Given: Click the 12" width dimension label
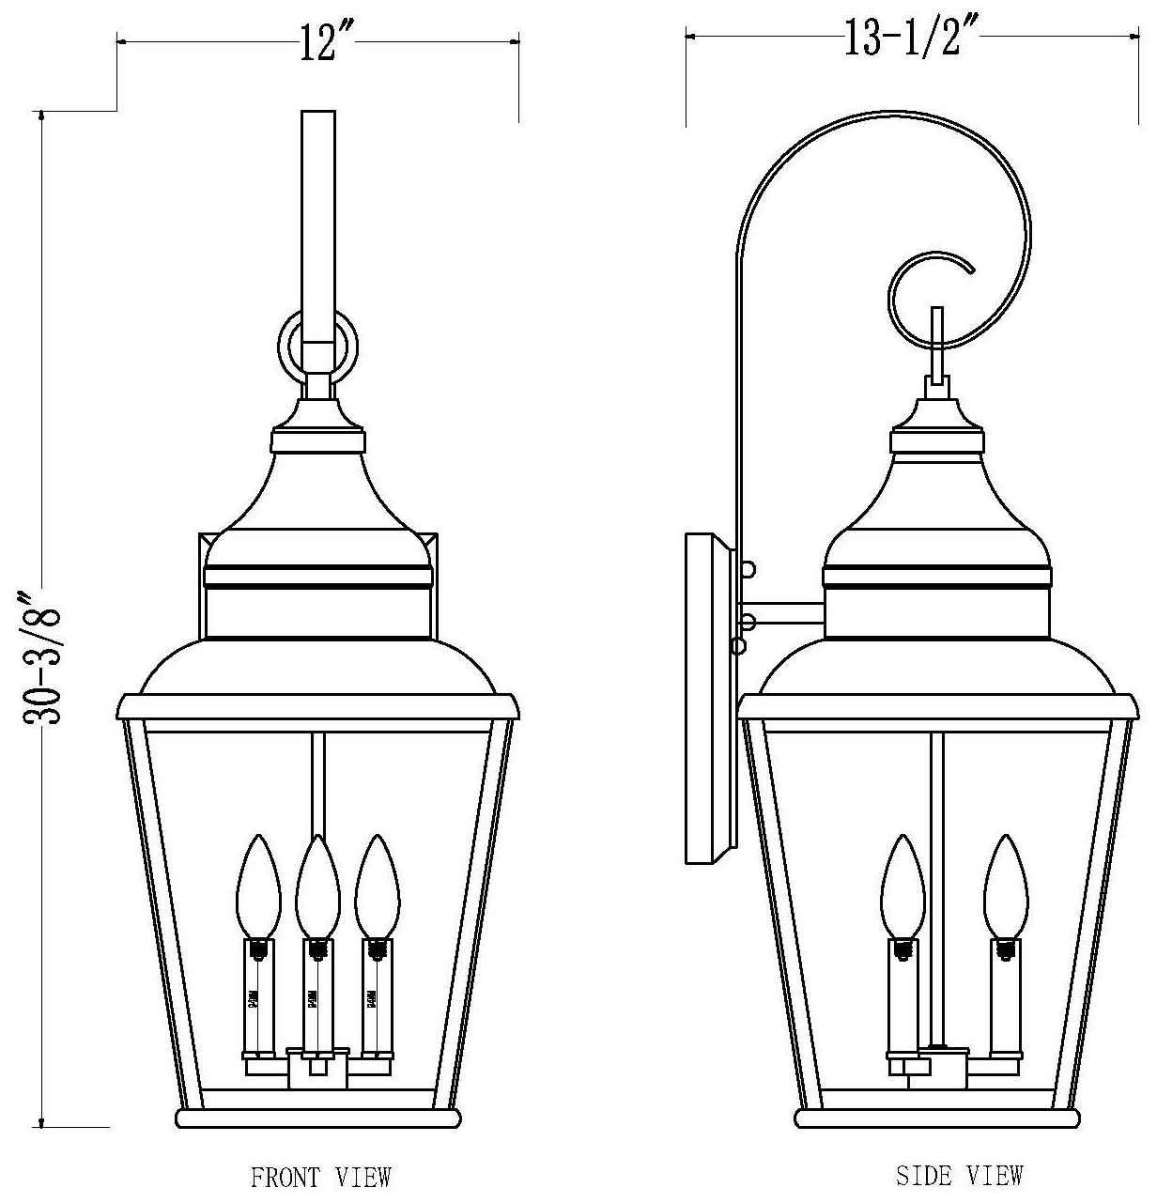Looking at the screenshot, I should coord(319,43).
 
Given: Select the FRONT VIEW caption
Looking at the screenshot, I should coord(320,1176).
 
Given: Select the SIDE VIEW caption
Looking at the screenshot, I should coord(959,1174).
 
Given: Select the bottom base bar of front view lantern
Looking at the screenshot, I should coord(318,1118).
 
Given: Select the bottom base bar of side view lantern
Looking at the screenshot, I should coord(939,1118).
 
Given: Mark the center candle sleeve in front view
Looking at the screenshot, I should coord(316,995).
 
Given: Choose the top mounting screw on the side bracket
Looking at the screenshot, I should coord(748,569).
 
